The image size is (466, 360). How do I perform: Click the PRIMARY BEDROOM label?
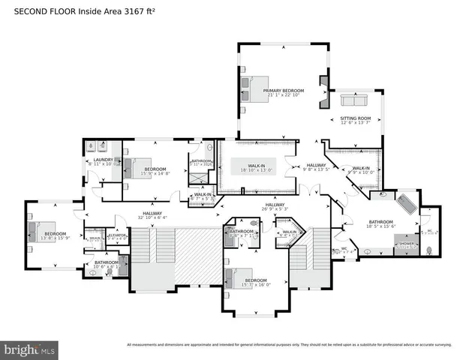283,90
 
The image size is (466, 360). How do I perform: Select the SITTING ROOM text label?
356,118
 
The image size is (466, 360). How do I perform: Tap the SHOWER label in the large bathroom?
406,244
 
